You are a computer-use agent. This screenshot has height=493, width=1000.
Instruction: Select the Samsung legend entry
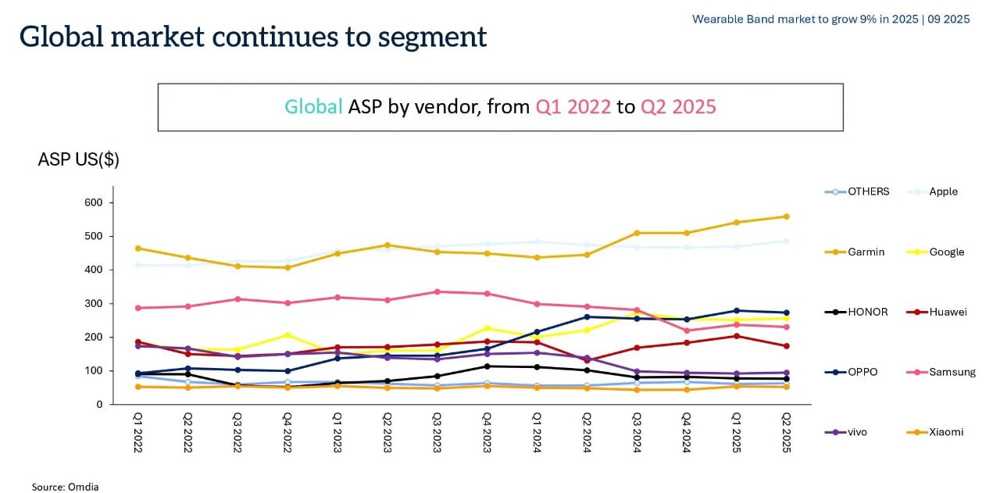(x=952, y=372)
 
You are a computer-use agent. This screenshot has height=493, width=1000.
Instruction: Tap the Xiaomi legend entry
(x=946, y=432)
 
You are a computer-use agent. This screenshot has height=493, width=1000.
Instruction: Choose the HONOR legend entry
(x=867, y=312)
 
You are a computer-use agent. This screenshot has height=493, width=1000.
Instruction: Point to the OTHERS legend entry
(x=868, y=191)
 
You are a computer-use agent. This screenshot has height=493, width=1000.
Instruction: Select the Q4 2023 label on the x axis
(x=487, y=431)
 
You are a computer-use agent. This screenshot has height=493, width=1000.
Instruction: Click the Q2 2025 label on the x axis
(x=786, y=431)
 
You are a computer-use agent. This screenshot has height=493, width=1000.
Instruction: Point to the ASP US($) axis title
(x=78, y=159)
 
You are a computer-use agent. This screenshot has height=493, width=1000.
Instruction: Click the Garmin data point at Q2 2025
(x=786, y=216)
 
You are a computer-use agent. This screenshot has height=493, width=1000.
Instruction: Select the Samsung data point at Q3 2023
(x=437, y=291)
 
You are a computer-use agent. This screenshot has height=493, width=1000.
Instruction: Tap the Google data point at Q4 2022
(x=287, y=335)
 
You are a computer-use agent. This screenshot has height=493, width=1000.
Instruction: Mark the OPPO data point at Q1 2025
(x=736, y=310)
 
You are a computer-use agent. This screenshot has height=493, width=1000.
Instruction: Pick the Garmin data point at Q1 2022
(x=138, y=248)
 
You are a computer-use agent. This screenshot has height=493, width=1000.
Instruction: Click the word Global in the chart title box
(x=313, y=107)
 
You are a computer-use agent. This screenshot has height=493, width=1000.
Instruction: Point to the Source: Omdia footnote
(x=65, y=487)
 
